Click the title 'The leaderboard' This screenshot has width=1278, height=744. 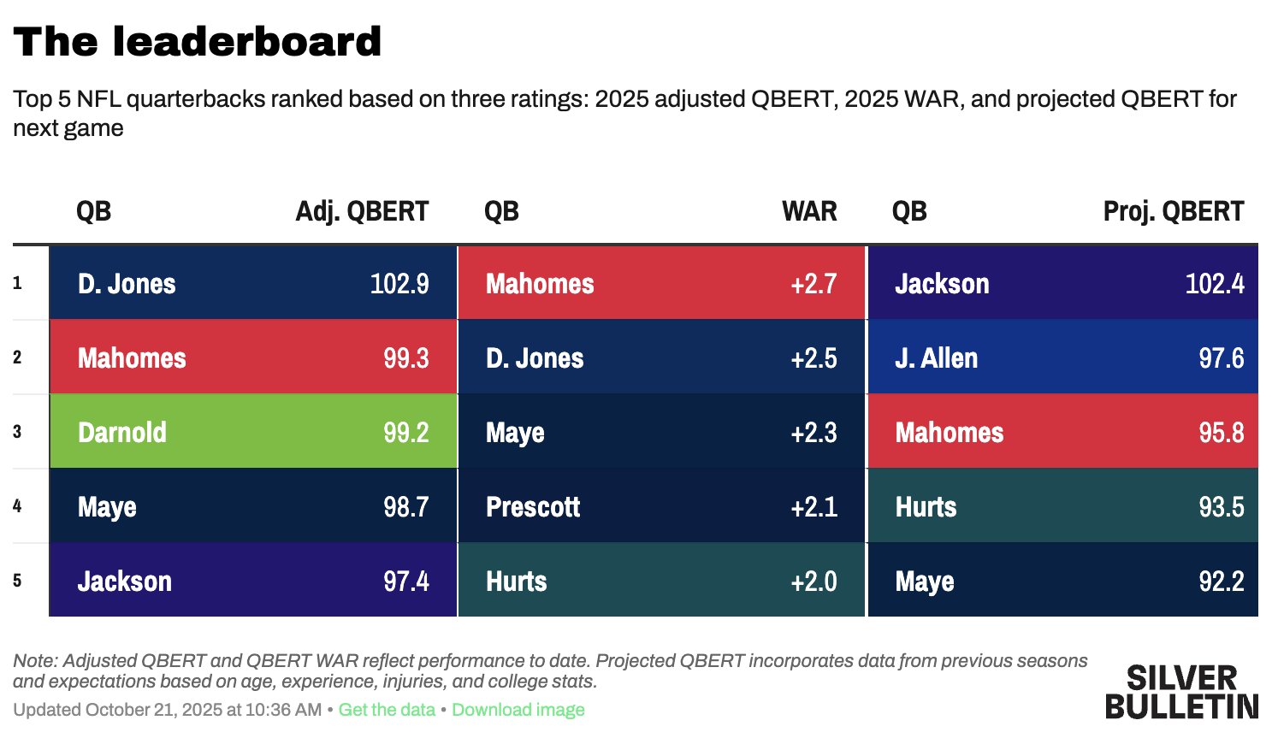[198, 42]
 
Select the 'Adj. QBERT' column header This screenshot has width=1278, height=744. [362, 211]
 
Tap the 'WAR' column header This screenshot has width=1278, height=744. [809, 211]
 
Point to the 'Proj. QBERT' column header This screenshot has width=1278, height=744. [1173, 211]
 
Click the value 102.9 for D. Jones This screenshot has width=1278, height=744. [399, 284]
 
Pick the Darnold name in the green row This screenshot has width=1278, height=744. [122, 433]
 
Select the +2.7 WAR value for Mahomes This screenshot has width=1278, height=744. [814, 284]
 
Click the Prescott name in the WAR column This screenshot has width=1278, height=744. [533, 507]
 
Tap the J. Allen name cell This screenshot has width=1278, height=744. [936, 358]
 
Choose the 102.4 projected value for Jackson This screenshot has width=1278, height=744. [1215, 284]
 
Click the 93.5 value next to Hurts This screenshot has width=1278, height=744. [1221, 507]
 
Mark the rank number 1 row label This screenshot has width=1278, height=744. [17, 284]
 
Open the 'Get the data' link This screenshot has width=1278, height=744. [387, 710]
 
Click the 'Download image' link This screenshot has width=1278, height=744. [518, 710]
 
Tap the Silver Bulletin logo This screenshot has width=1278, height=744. [1181, 692]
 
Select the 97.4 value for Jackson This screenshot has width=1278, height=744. [405, 582]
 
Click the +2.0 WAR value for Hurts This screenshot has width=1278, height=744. [814, 582]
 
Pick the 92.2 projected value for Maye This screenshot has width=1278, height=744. [1221, 582]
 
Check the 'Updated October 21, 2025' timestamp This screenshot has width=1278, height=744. [167, 710]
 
